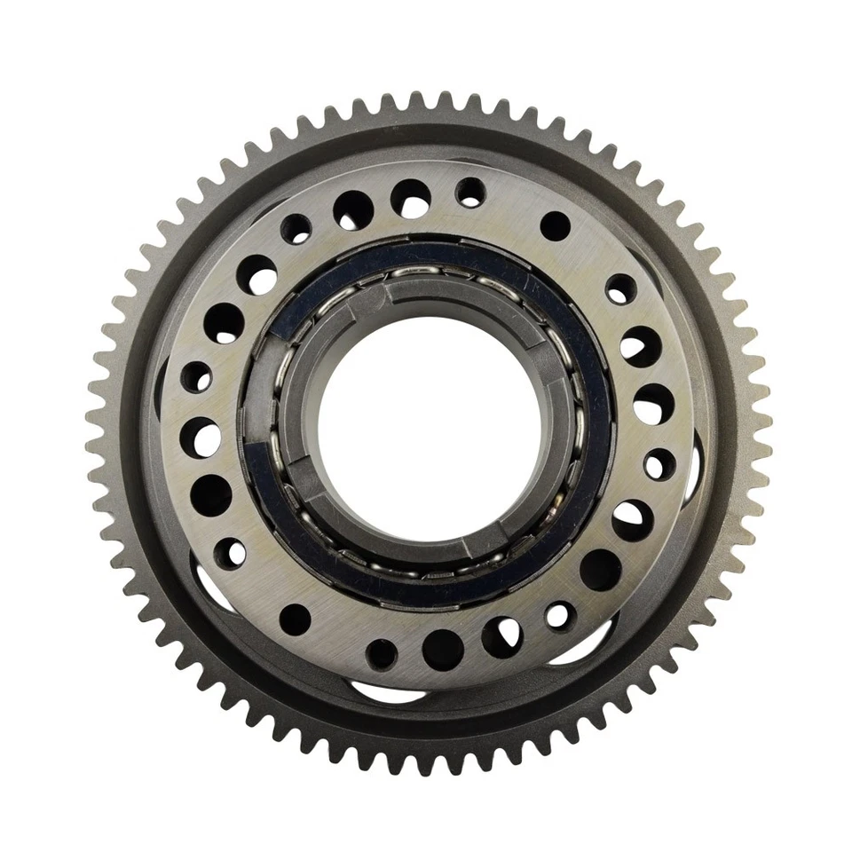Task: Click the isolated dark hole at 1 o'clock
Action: click(555, 225)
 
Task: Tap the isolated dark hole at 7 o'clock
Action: click(296, 619)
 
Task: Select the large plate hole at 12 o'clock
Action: click(411, 197)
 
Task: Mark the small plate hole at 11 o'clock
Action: click(296, 229)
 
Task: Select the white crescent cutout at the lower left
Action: click(209, 589)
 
